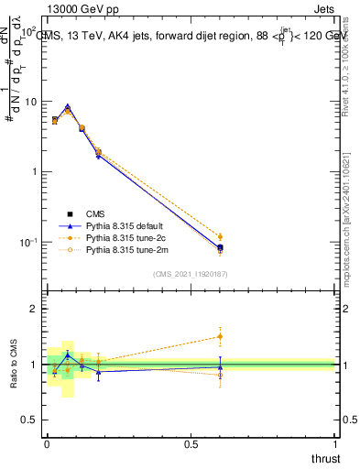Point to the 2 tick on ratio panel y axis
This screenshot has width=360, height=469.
pyautogui.click(x=36, y=309)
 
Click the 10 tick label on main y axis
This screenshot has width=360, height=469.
pyautogui.click(x=30, y=102)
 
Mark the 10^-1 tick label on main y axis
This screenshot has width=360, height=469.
pyautogui.click(x=28, y=243)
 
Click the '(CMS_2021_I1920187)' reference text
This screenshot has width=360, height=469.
pyautogui.click(x=191, y=274)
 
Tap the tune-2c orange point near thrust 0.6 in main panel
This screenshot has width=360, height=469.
pyautogui.click(x=220, y=236)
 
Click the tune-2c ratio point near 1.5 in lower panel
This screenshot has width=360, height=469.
pyautogui.click(x=220, y=336)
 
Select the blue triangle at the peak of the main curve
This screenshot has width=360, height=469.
pyautogui.click(x=67, y=107)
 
